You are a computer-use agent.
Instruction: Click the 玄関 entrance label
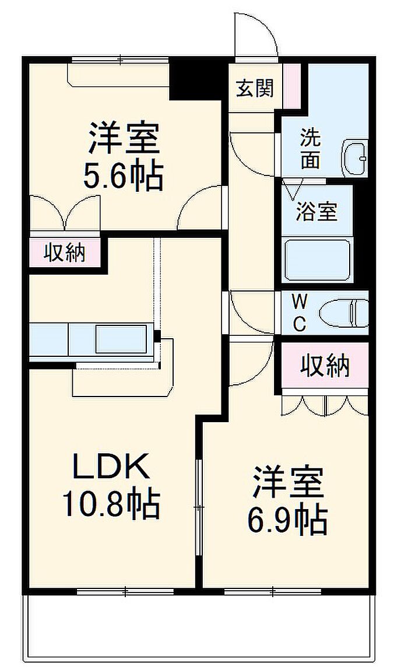point(255,89)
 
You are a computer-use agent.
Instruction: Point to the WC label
point(300,313)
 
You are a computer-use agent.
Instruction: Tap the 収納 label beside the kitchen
point(65,253)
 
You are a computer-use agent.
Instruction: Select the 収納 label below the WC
point(325,366)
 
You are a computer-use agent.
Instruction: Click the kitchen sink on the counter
point(121,339)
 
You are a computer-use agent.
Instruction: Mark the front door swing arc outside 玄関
point(256,32)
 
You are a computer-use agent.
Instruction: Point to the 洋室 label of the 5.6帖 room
point(124,139)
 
